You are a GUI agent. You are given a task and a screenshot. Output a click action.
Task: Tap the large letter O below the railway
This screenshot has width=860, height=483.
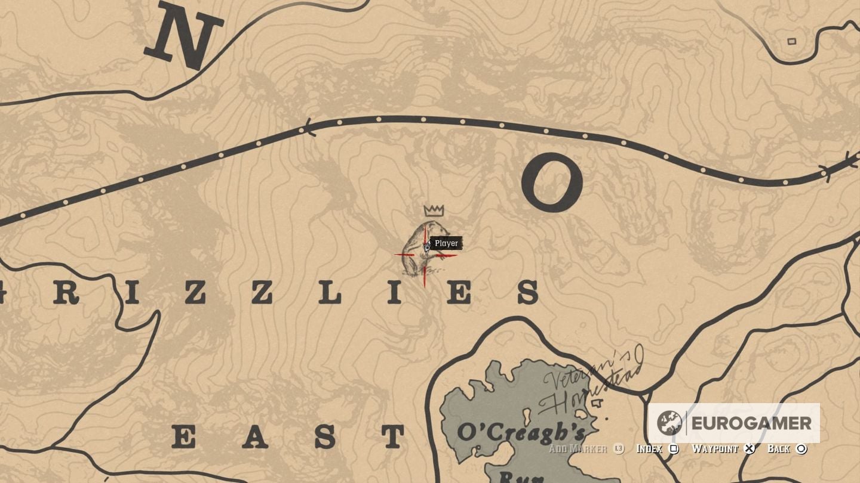[x=551, y=182]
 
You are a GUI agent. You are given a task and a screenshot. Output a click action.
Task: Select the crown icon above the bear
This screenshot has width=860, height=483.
[x=434, y=210]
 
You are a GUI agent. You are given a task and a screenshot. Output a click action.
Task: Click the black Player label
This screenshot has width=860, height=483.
[x=446, y=243]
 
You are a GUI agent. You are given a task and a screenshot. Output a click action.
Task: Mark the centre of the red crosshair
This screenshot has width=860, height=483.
[x=425, y=255]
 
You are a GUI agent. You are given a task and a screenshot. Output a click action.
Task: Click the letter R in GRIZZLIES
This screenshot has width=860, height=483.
[x=66, y=294]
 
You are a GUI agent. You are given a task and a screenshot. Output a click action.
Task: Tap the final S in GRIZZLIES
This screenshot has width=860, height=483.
[x=527, y=293]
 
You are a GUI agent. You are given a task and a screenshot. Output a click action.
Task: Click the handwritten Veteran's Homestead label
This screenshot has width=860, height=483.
[x=591, y=382]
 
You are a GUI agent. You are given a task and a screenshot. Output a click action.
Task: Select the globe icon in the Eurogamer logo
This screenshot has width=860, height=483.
[x=669, y=423]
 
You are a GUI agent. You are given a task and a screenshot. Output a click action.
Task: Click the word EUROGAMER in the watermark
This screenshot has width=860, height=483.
[x=751, y=423]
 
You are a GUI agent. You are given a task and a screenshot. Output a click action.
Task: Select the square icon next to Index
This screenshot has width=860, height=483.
[x=674, y=449]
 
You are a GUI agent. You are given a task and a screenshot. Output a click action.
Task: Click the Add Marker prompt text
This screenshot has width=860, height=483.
[x=578, y=449]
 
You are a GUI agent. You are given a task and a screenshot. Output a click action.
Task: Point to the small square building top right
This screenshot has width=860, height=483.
[x=792, y=41]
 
